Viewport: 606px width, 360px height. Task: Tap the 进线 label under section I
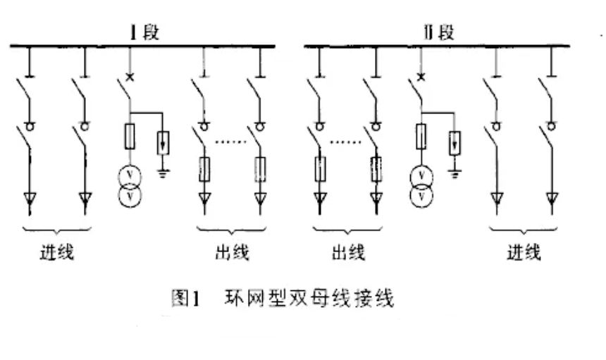coord(56,252)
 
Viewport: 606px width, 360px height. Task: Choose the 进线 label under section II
coord(523,252)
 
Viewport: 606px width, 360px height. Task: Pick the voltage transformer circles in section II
coord(421,185)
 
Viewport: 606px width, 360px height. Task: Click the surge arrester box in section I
coord(163,142)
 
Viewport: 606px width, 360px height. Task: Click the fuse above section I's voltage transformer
coord(129,137)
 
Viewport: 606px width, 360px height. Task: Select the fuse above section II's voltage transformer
coord(421,137)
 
